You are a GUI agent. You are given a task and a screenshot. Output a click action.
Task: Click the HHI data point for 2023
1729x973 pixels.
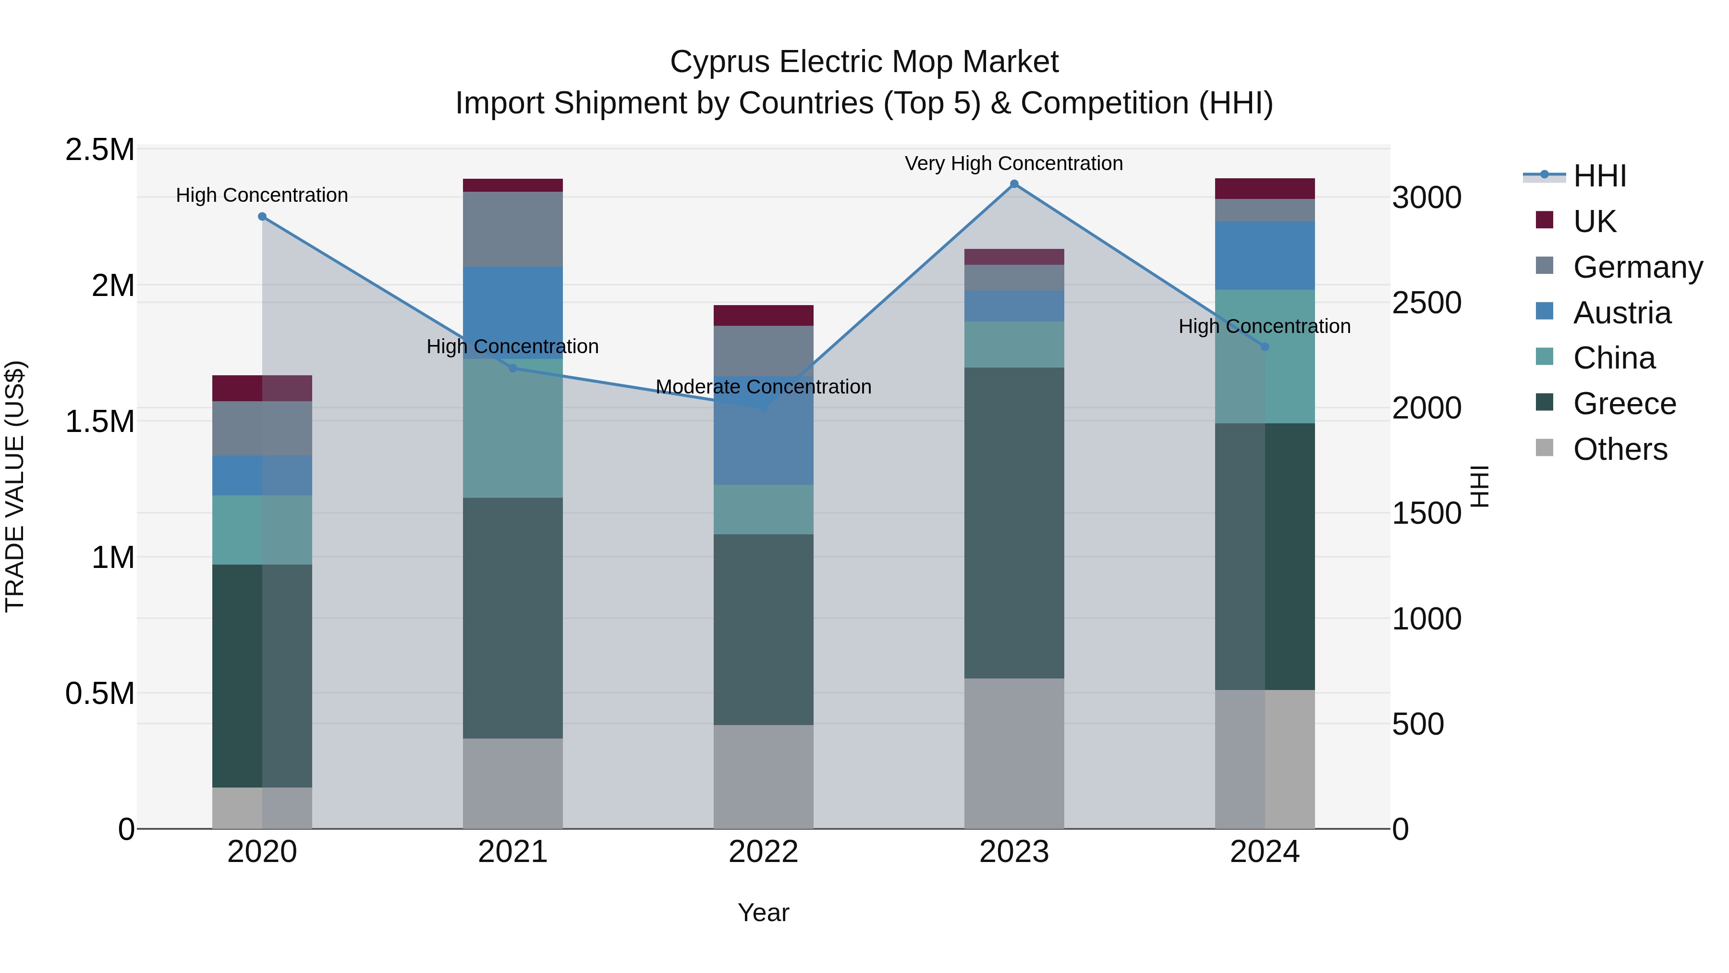[x=1014, y=184]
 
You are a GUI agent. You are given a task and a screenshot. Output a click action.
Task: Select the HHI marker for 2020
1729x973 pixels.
[x=262, y=216]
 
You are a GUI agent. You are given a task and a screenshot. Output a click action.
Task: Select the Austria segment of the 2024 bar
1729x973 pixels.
[x=1265, y=255]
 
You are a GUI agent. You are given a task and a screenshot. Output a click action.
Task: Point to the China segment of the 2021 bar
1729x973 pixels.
[x=513, y=429]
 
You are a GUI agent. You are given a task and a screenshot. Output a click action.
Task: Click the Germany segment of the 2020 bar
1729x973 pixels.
[x=262, y=429]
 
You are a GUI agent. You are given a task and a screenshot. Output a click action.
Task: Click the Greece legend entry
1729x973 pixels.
[x=1624, y=404]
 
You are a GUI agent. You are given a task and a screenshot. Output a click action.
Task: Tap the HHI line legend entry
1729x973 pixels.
[x=1599, y=176]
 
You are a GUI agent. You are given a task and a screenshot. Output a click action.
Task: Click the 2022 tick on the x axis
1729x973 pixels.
[x=763, y=852]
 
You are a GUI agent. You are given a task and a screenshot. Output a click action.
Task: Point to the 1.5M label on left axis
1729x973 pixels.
[x=99, y=422]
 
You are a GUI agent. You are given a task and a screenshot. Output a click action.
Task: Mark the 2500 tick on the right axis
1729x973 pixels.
[x=1426, y=303]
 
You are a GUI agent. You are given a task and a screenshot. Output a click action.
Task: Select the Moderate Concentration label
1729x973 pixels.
[x=763, y=387]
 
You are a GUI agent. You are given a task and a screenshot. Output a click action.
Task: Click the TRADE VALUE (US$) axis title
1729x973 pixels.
[x=15, y=486]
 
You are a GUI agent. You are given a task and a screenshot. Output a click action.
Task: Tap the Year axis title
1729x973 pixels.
[x=763, y=912]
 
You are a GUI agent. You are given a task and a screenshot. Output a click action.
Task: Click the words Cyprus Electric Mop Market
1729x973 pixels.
[x=864, y=62]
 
